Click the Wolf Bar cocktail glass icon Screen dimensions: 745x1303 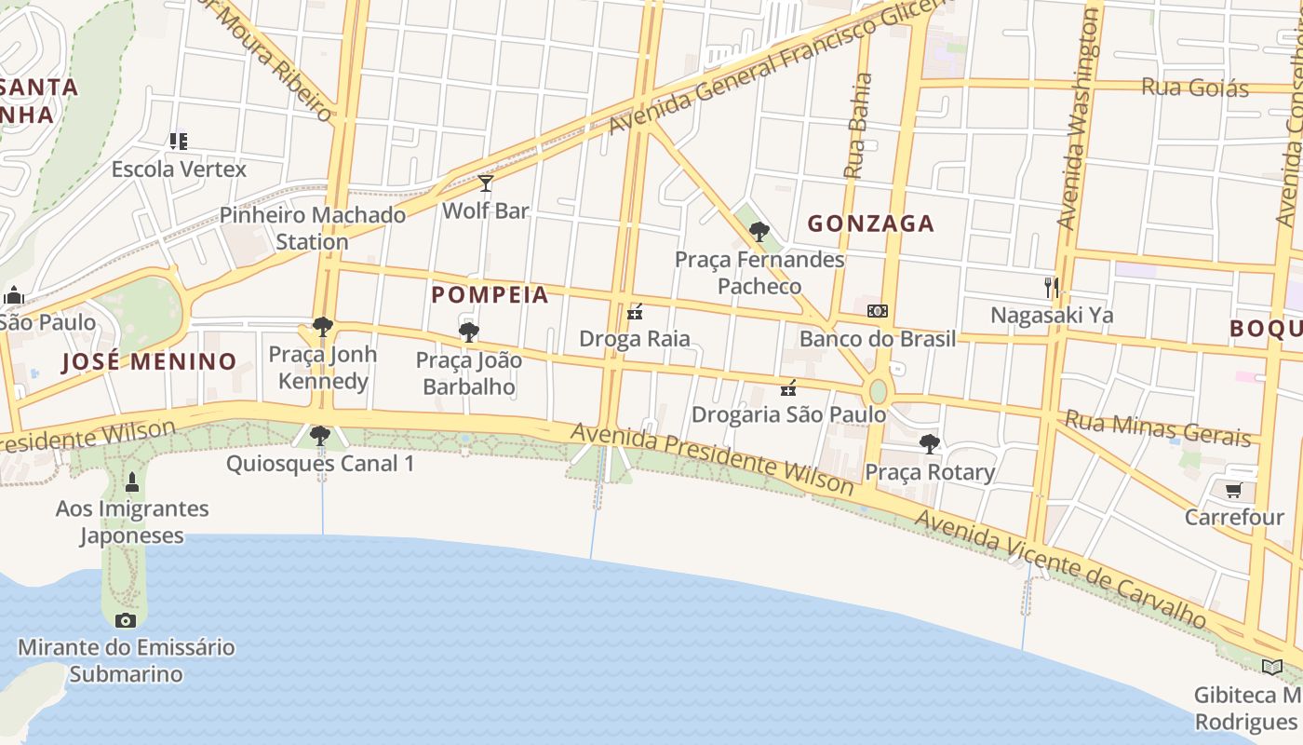pos(485,183)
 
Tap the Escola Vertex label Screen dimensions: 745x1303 pos(179,169)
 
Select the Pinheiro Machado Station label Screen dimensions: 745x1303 pos(313,228)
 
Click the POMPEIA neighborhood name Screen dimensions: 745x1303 pos(490,295)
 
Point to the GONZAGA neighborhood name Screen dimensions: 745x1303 pos(870,223)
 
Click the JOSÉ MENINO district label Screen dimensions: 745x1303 pos(149,361)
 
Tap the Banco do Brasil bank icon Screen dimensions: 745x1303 pos(877,311)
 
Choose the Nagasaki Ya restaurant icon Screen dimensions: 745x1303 pos(1052,287)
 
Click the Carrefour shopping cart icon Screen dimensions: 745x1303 pos(1234,490)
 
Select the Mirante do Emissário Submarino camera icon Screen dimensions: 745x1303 pos(126,620)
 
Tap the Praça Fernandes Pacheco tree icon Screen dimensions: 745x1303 pos(759,232)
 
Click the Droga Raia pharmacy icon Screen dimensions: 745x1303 pos(636,312)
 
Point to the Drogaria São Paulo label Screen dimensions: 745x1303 pos(789,414)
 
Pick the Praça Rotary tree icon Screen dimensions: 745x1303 pos(929,444)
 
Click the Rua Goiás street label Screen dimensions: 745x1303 pos(1194,88)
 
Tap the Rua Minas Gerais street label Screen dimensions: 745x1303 pos(1158,427)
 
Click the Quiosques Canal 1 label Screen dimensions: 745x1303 pos(320,464)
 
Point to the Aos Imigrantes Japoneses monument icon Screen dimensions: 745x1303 pos(131,482)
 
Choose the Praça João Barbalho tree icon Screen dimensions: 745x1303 pos(469,332)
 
